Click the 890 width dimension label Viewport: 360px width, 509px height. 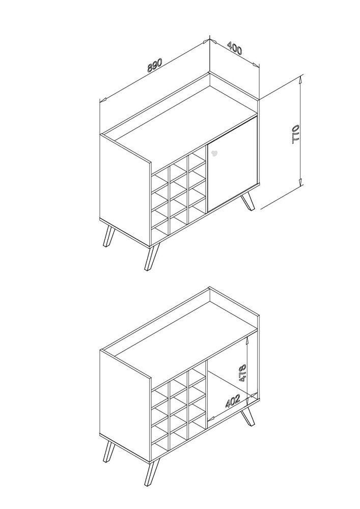pos(154,65)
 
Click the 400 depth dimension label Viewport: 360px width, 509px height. pos(234,48)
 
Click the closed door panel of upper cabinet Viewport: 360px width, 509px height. pos(232,164)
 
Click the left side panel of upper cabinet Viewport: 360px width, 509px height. pos(125,190)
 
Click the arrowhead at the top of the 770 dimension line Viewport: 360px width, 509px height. pos(301,77)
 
